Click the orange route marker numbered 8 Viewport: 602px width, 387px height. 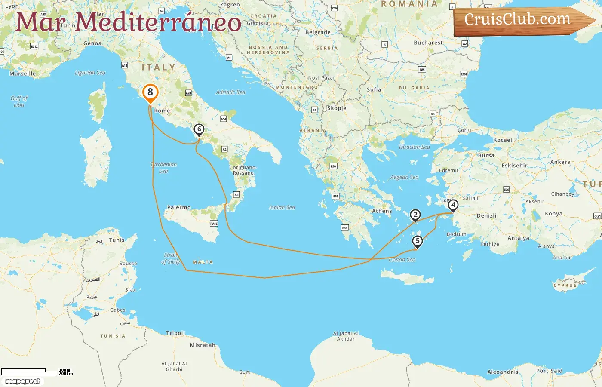pos(150,92)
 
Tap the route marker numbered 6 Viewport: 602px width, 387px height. pos(199,129)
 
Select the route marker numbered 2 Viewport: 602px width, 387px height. pos(415,215)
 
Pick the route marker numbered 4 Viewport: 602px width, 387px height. pos(453,205)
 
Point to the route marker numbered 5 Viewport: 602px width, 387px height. pos(417,241)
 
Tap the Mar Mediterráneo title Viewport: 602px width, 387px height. pos(128,22)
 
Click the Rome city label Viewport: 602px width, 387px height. pos(162,111)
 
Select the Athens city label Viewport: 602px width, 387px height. pos(382,211)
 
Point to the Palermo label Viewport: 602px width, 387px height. pos(179,207)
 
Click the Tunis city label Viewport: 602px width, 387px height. pos(117,240)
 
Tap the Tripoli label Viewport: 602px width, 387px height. pos(175,333)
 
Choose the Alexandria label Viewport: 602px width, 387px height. pos(503,372)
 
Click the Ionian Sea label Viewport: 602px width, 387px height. pos(282,207)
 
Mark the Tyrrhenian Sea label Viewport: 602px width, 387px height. pos(163,168)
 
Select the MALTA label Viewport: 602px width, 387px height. pos(203,262)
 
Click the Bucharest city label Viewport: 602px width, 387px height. pos(428,43)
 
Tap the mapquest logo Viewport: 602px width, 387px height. pos(23,381)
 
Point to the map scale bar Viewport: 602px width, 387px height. pos(29,372)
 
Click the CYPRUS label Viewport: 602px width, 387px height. pos(565,285)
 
